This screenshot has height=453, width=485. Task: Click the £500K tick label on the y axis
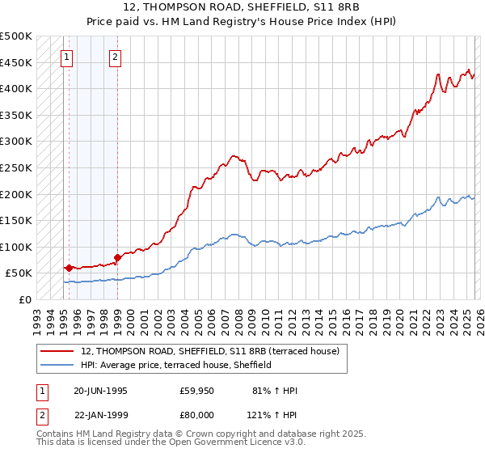(16, 36)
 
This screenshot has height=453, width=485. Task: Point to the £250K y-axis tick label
(16, 167)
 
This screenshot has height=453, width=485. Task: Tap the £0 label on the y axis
(26, 299)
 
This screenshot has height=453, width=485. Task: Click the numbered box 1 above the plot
(66, 57)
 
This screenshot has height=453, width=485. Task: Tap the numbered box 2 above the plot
(116, 57)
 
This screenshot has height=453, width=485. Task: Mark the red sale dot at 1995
(70, 268)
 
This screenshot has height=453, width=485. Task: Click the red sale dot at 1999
(117, 257)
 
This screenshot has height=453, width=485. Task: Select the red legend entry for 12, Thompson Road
(215, 351)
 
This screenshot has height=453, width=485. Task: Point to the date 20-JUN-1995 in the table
(100, 391)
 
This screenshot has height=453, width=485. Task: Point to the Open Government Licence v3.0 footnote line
(159, 444)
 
